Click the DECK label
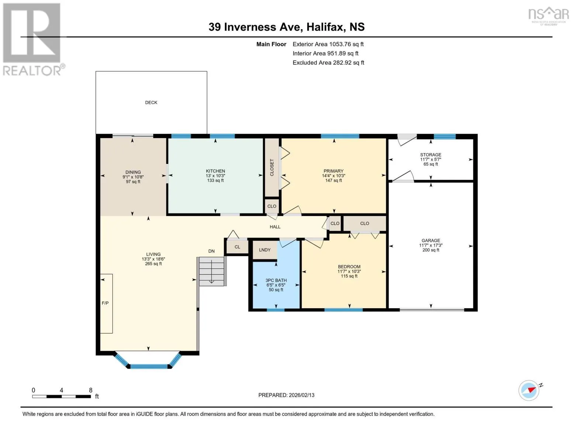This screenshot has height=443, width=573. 151,102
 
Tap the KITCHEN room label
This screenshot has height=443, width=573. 215,171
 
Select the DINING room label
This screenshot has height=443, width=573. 133,172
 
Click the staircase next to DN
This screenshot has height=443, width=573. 211,271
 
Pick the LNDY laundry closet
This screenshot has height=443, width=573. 265,250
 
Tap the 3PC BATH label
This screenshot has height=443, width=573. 276,280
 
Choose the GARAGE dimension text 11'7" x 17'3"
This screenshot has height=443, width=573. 431,245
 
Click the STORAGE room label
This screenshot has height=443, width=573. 431,155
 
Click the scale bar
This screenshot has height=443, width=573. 62,396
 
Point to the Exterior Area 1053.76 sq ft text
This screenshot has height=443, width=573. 328,44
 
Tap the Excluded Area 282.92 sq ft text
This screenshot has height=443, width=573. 328,62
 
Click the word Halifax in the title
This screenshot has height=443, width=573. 326,27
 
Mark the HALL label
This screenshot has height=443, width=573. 275,227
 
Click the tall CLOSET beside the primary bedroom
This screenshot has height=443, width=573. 272,167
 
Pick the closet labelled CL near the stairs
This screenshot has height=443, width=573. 237,247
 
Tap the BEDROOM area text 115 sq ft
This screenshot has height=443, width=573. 349,276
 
